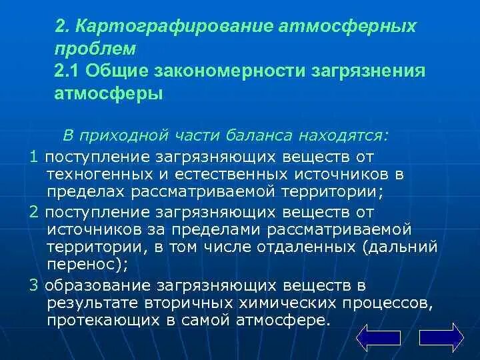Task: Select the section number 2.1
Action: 68,71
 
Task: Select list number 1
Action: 34,156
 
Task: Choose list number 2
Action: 34,211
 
